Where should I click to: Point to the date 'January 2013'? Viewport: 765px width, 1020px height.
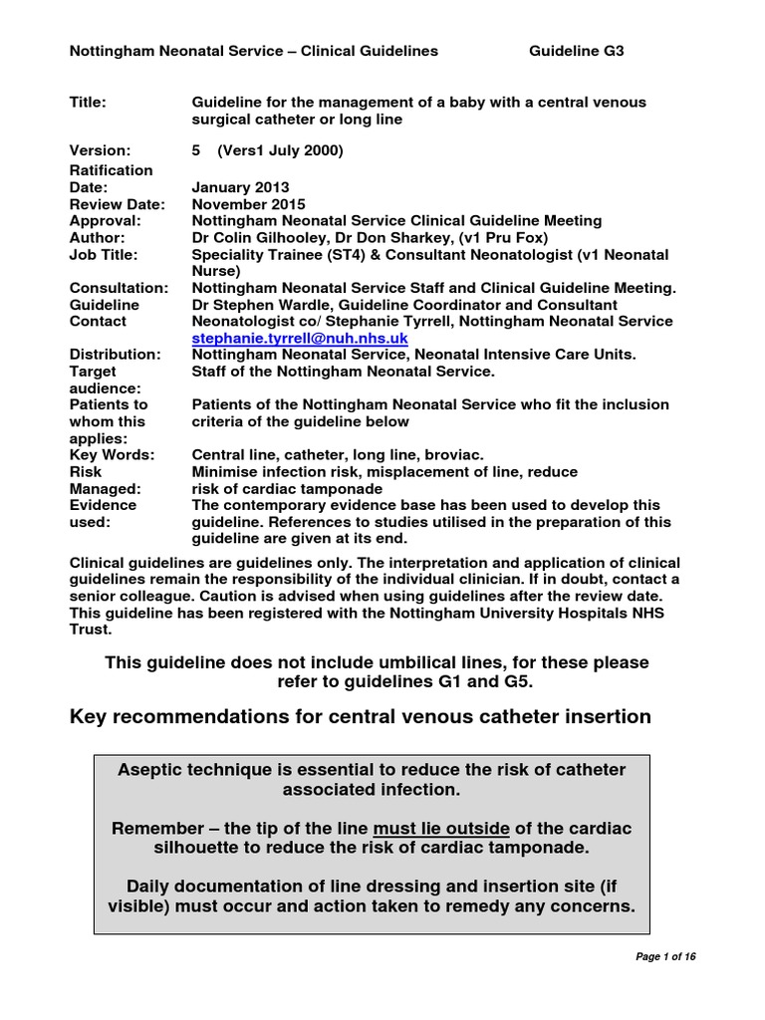[241, 187]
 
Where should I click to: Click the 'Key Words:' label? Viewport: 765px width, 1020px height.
[111, 455]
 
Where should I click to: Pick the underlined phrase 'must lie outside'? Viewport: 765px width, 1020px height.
[441, 829]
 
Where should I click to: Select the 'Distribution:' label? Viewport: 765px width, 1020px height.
[114, 355]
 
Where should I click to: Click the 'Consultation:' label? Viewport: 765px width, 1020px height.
[118, 289]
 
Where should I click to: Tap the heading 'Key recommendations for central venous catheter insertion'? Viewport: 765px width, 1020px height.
[360, 716]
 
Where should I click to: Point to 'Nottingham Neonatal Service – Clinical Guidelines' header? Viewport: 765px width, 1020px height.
[253, 51]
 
